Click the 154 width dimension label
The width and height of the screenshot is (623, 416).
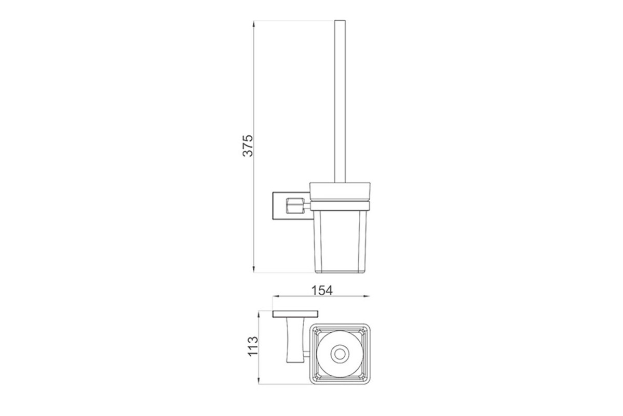[x=322, y=291]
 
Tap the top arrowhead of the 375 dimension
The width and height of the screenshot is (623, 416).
[x=254, y=24]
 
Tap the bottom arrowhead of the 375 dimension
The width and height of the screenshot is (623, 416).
[x=254, y=269]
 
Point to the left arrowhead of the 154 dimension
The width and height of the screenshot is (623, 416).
[x=276, y=296]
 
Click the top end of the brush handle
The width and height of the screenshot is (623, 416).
[x=340, y=20]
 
